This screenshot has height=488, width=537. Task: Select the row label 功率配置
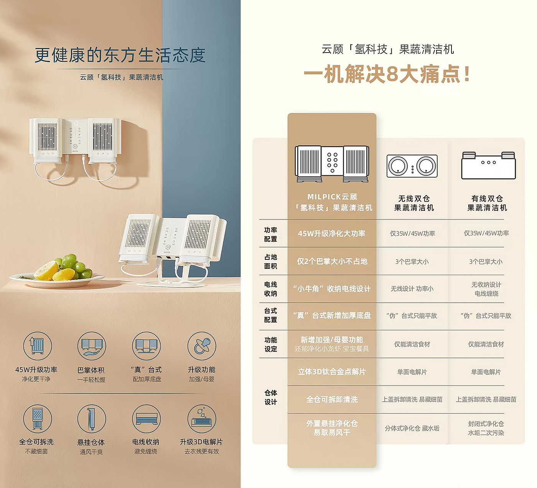270,234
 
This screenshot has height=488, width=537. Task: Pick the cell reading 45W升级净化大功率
332,233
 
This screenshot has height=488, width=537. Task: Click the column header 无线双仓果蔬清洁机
414,203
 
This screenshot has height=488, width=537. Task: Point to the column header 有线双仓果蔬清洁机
487,203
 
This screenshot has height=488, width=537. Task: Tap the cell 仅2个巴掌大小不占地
332,261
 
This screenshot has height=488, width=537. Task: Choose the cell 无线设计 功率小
412,289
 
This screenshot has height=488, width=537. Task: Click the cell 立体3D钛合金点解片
332,372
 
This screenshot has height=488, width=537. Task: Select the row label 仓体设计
270,397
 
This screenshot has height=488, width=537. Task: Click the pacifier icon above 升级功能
202,346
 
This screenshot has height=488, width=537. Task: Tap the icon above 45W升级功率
37,346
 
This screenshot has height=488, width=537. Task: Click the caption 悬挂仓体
91,442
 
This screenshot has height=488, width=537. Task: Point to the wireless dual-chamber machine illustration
412,166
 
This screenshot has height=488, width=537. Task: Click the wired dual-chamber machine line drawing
488,165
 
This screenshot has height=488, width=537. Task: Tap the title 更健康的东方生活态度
120,55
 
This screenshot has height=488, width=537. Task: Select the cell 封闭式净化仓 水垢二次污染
486,428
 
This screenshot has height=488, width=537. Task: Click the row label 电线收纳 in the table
270,289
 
